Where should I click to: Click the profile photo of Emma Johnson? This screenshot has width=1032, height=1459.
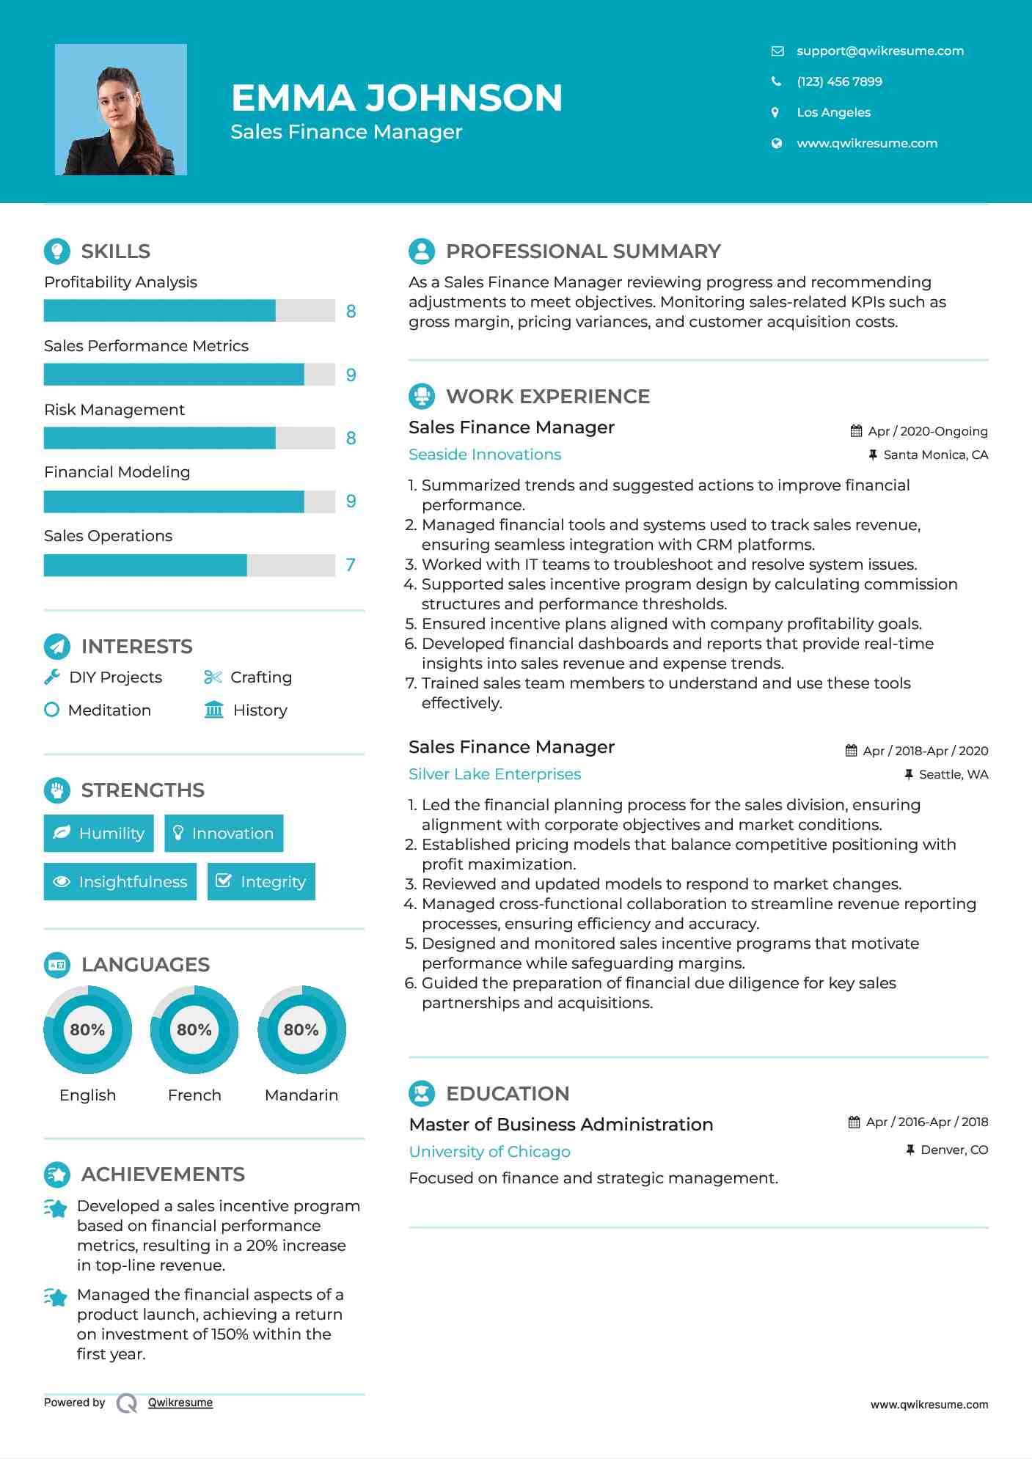click(121, 110)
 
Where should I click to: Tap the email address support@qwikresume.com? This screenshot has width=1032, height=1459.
click(879, 51)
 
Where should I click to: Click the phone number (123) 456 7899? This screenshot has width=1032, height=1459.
click(839, 81)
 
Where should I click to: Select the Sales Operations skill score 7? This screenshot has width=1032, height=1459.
click(351, 565)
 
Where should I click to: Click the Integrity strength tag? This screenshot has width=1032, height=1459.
click(261, 881)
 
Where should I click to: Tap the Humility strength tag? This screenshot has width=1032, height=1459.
click(99, 834)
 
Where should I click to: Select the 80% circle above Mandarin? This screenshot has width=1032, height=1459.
click(301, 1030)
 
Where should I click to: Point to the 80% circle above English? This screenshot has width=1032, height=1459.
click(87, 1030)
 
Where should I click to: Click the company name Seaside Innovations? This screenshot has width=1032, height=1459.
click(485, 455)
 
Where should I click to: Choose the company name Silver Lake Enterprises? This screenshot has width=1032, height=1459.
click(494, 774)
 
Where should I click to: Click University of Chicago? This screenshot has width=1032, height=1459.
click(489, 1152)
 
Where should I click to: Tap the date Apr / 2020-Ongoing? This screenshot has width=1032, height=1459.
click(927, 431)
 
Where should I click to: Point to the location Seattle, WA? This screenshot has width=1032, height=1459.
click(953, 774)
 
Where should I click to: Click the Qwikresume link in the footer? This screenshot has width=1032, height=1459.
click(180, 1403)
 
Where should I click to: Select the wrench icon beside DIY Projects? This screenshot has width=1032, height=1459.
click(52, 677)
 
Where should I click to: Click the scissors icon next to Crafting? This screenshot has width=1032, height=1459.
click(213, 677)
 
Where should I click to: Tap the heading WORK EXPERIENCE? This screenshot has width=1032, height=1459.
click(547, 397)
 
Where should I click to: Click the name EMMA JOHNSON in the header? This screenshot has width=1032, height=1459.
click(397, 98)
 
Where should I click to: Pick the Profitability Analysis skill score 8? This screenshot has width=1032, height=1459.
click(351, 312)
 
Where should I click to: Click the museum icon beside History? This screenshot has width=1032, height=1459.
click(214, 710)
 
